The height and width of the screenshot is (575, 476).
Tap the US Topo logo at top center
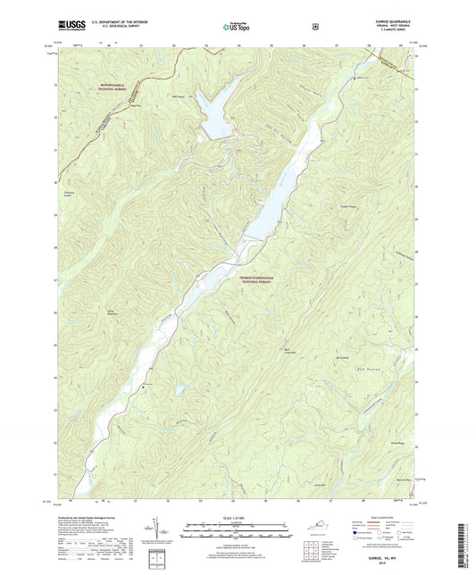[238, 28]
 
